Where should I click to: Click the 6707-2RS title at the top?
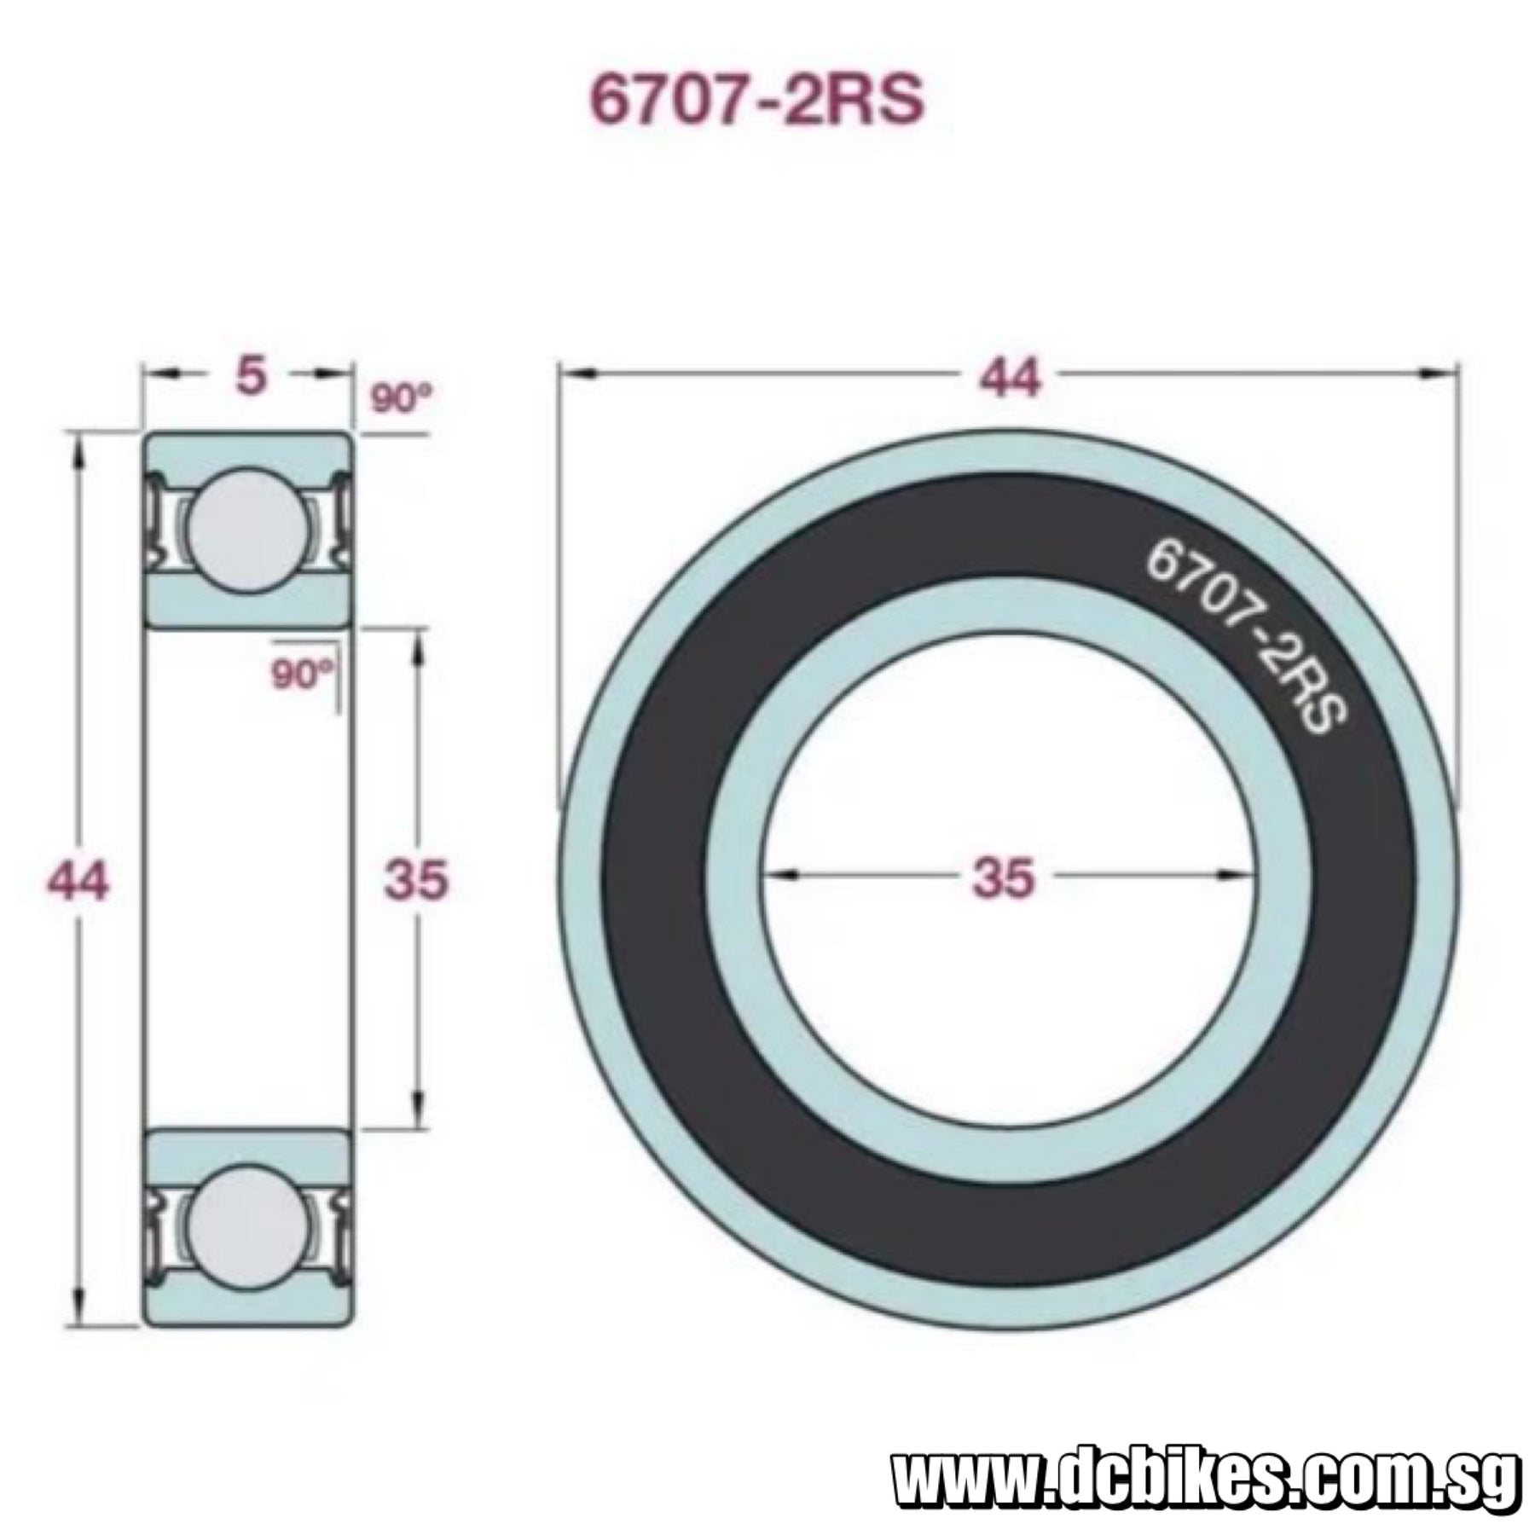(x=757, y=101)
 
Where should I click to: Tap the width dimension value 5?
(x=250, y=376)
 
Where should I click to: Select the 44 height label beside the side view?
(x=78, y=880)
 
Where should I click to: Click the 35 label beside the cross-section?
(x=416, y=879)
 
